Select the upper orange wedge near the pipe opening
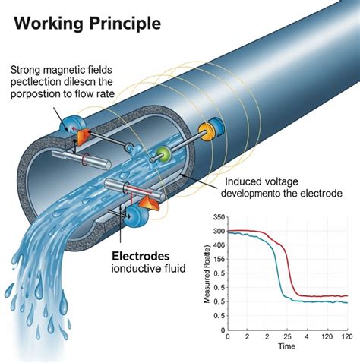click(x=83, y=134)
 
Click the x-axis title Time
click(x=286, y=346)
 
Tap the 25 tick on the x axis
click(x=287, y=336)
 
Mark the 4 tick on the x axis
click(x=307, y=336)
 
